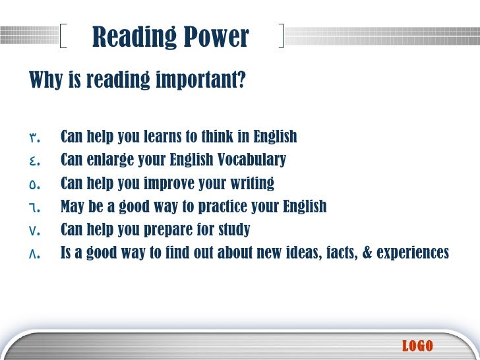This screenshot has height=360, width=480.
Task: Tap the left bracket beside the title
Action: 63,36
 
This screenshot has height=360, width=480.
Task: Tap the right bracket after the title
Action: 282,36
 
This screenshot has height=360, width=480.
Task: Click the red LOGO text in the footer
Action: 417,345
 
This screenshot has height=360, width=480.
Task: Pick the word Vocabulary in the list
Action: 255,160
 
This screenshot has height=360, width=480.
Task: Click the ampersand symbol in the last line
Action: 366,253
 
